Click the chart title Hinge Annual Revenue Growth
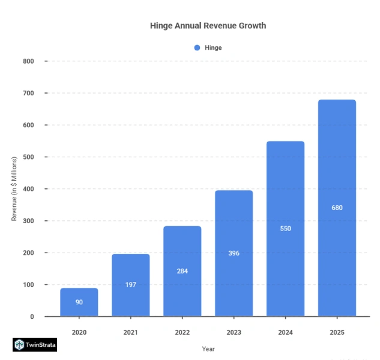click(208, 26)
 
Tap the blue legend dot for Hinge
click(197, 47)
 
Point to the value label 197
click(131, 284)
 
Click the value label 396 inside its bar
click(234, 253)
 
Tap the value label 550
click(285, 229)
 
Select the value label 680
click(337, 208)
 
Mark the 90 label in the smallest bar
click(79, 302)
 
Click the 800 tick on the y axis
click(29, 61)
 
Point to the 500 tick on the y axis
click(29, 157)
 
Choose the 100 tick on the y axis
click(29, 284)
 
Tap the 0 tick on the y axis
click(32, 316)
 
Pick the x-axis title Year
click(208, 349)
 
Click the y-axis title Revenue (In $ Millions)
click(14, 189)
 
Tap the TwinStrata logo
click(35, 345)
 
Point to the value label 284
click(182, 271)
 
